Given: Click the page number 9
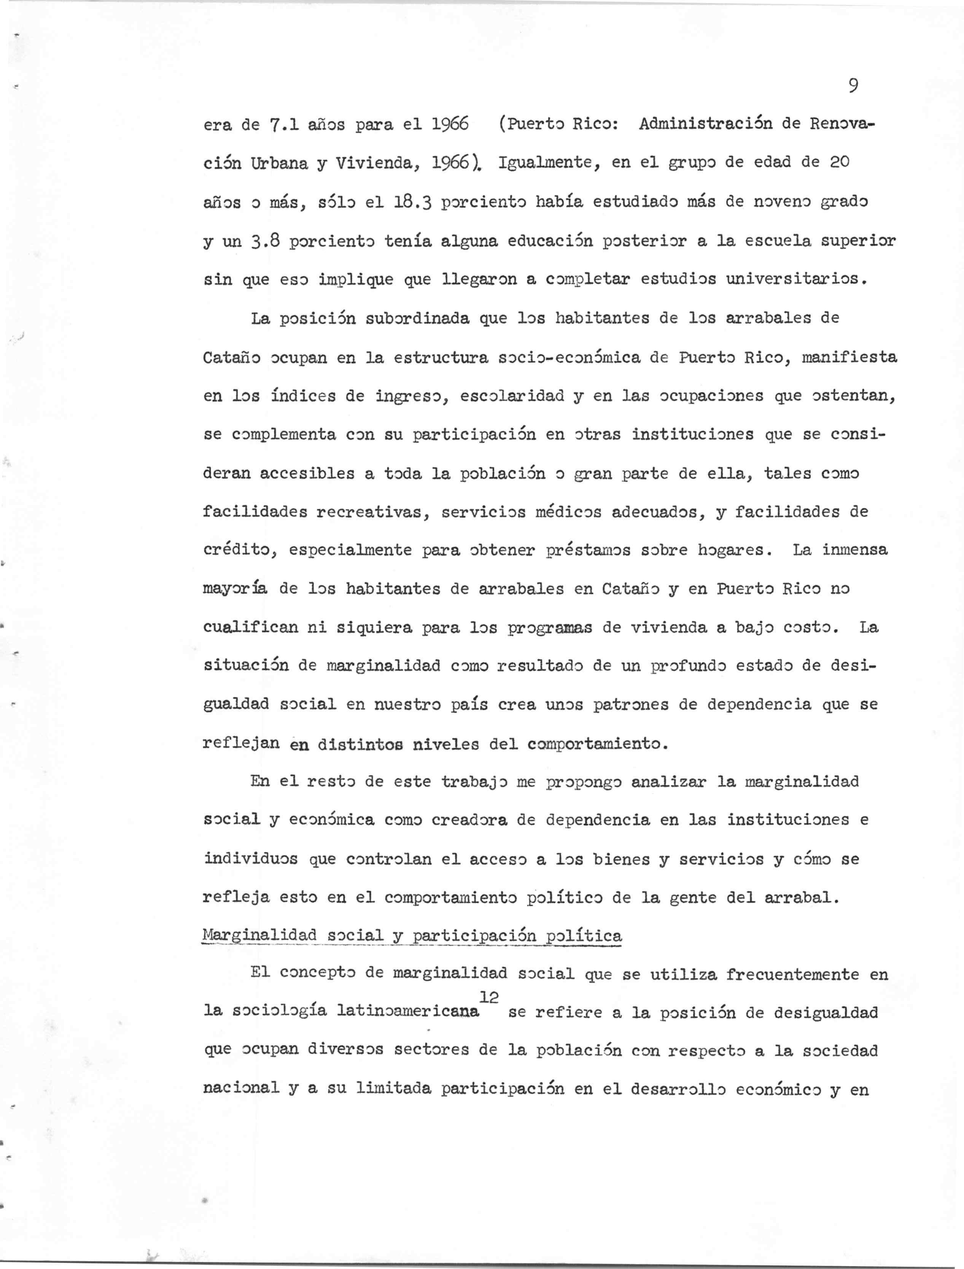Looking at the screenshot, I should (x=853, y=86).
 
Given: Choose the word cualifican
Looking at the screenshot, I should (x=250, y=627).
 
